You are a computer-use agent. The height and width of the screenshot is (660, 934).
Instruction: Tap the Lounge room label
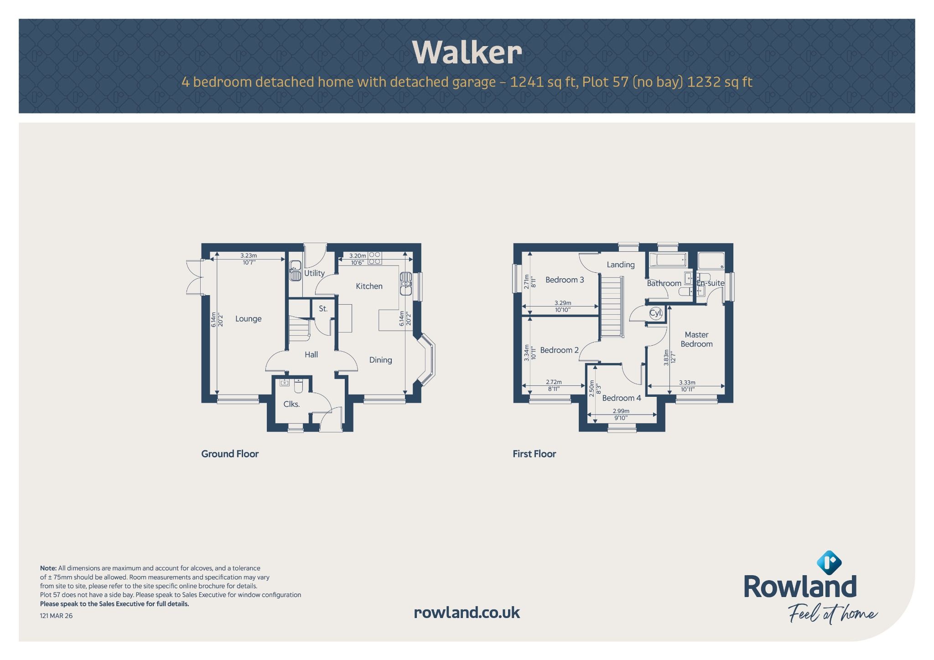coord(249,319)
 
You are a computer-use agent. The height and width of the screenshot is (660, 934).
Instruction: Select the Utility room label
coord(314,273)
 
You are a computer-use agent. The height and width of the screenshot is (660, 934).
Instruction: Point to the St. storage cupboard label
coord(323,309)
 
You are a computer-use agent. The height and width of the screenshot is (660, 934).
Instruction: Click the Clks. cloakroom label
coord(291,404)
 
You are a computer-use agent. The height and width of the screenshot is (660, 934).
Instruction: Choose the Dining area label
coord(380,360)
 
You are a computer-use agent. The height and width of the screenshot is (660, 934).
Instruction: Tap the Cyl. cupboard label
coord(656,313)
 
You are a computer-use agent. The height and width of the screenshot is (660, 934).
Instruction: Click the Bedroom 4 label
coord(622,398)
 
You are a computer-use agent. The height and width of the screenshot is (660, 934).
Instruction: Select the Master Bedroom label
coord(696,339)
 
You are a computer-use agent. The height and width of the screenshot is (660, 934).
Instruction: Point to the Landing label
coord(621,265)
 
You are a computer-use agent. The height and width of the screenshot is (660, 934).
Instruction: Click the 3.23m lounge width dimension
coord(249,256)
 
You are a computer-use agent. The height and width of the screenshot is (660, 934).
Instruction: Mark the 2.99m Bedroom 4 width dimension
coord(621,411)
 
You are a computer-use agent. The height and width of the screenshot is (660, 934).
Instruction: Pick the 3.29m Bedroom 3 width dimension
coord(563,303)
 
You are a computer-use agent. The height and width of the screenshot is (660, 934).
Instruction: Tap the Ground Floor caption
coord(230,454)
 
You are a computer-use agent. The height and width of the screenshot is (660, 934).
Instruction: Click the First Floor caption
coord(534,454)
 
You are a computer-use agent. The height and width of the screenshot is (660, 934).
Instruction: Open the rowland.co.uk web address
coord(467,613)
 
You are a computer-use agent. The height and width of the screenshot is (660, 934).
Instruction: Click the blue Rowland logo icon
coord(829,562)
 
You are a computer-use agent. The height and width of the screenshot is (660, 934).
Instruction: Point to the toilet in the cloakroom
coord(299,386)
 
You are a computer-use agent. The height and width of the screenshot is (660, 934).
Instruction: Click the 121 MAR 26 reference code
coord(56,616)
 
